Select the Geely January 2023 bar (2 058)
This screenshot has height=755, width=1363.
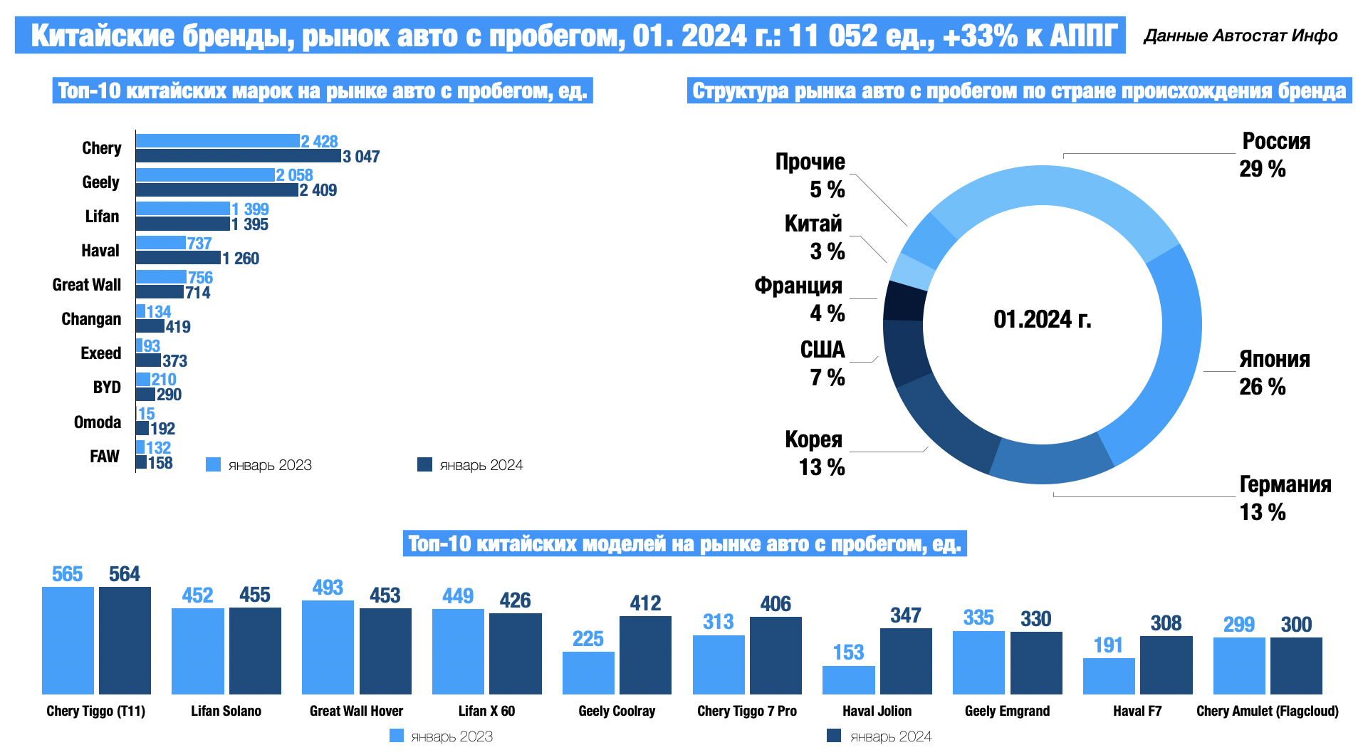click(x=205, y=175)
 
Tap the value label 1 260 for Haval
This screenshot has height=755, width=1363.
click(x=241, y=259)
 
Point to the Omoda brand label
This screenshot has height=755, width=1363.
click(x=98, y=422)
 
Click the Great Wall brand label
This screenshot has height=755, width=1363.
click(x=87, y=285)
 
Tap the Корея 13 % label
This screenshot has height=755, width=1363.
click(x=815, y=453)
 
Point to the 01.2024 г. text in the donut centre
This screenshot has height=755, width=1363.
click(x=1043, y=319)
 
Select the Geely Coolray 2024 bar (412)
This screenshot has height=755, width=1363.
click(x=645, y=655)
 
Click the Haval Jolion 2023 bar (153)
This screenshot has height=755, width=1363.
click(x=848, y=680)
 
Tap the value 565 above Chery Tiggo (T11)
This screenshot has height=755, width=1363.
click(x=68, y=574)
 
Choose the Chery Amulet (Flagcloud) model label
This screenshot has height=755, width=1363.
click(x=1268, y=711)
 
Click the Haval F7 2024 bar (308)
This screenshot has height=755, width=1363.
click(x=1166, y=665)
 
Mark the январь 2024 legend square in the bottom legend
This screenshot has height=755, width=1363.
click(x=834, y=736)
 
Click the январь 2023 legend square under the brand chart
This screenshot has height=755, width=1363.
click(x=213, y=464)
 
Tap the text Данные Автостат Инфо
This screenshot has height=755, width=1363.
click(x=1241, y=36)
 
